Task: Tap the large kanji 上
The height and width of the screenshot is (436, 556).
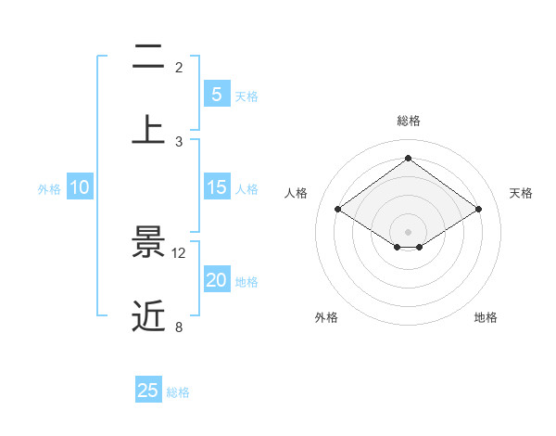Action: [148, 129]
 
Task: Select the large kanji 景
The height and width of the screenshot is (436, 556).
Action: [148, 243]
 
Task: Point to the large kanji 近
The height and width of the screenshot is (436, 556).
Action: [148, 316]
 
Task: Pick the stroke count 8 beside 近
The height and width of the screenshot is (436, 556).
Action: [179, 327]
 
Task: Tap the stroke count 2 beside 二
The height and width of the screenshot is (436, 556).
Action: [179, 68]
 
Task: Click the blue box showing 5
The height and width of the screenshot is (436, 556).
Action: [216, 95]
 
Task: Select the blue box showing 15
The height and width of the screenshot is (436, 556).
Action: [216, 187]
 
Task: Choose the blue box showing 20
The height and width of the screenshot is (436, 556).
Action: [216, 280]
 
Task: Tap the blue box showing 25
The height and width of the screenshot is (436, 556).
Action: [148, 391]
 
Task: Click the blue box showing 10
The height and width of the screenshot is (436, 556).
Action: [80, 187]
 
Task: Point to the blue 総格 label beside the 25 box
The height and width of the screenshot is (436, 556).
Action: [178, 392]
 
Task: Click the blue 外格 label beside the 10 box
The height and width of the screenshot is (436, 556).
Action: [49, 189]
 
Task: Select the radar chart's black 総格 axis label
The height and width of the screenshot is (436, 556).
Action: [408, 121]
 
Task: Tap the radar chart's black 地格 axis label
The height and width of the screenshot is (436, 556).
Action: [486, 317]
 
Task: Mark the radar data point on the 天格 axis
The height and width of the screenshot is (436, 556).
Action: [478, 210]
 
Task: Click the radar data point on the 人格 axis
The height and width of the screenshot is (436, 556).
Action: [338, 210]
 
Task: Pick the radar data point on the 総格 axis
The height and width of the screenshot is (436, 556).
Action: [408, 158]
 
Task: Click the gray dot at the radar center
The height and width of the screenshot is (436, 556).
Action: [408, 230]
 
